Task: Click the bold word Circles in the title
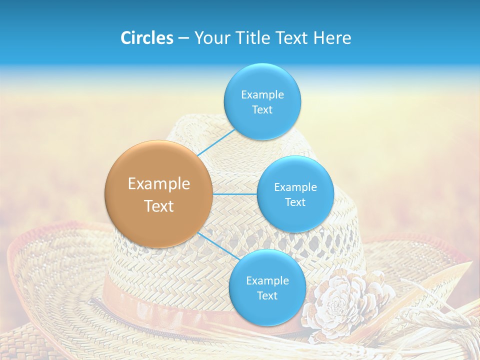click(146, 38)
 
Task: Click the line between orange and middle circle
click(235, 193)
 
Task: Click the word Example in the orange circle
click(159, 184)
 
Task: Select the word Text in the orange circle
click(159, 206)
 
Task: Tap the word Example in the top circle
click(262, 94)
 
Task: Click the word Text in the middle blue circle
click(295, 202)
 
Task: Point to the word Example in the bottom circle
click(267, 280)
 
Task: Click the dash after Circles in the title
click(183, 38)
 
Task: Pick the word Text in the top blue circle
click(262, 109)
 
